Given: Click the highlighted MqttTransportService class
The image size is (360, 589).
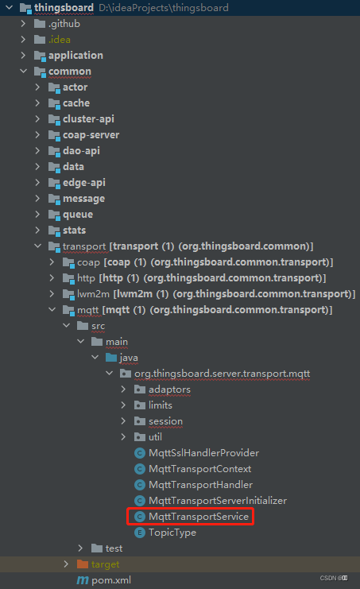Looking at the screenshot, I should (x=199, y=517).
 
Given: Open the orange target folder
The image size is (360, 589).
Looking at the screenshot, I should (x=106, y=564).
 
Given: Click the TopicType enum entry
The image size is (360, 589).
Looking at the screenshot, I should (x=172, y=533).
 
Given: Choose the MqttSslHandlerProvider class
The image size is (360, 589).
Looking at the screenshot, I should (x=203, y=453).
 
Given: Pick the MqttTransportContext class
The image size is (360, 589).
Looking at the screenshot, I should (x=199, y=469).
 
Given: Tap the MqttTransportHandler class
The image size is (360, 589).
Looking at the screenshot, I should (x=200, y=485).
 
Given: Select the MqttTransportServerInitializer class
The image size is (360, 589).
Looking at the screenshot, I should (x=217, y=501).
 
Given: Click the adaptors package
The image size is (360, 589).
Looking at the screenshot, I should (x=169, y=389).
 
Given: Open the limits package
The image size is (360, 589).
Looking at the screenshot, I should (x=161, y=405).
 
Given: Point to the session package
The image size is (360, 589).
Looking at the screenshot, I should (x=165, y=421).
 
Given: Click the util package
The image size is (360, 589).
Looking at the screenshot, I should (x=156, y=437).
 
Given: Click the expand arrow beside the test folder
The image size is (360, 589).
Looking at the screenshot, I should (x=81, y=548).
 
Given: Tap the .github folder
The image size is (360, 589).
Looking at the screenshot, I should (x=64, y=24).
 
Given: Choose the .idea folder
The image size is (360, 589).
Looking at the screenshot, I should (x=59, y=40).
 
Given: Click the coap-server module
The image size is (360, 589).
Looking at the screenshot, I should (x=91, y=135).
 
